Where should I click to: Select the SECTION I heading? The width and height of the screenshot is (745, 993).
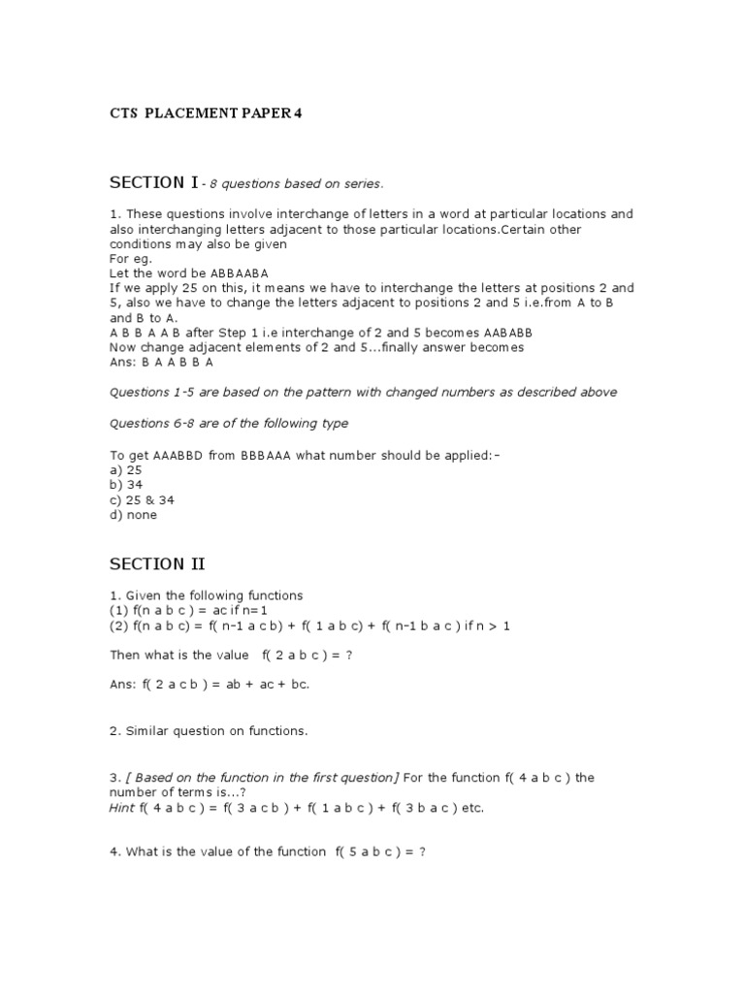tap(154, 182)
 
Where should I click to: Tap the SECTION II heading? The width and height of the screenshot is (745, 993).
tap(157, 563)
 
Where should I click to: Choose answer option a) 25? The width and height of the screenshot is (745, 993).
tap(126, 469)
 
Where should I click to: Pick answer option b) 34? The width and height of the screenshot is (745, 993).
tap(126, 485)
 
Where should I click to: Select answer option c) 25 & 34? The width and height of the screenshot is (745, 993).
tap(142, 500)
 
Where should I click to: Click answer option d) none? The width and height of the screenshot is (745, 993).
tap(134, 516)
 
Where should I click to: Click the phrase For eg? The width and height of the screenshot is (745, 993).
tap(129, 259)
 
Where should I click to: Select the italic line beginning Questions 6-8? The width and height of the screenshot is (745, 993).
tap(229, 423)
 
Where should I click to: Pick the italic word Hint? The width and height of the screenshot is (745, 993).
tap(123, 808)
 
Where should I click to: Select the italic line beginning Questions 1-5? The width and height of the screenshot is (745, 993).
tap(364, 392)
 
